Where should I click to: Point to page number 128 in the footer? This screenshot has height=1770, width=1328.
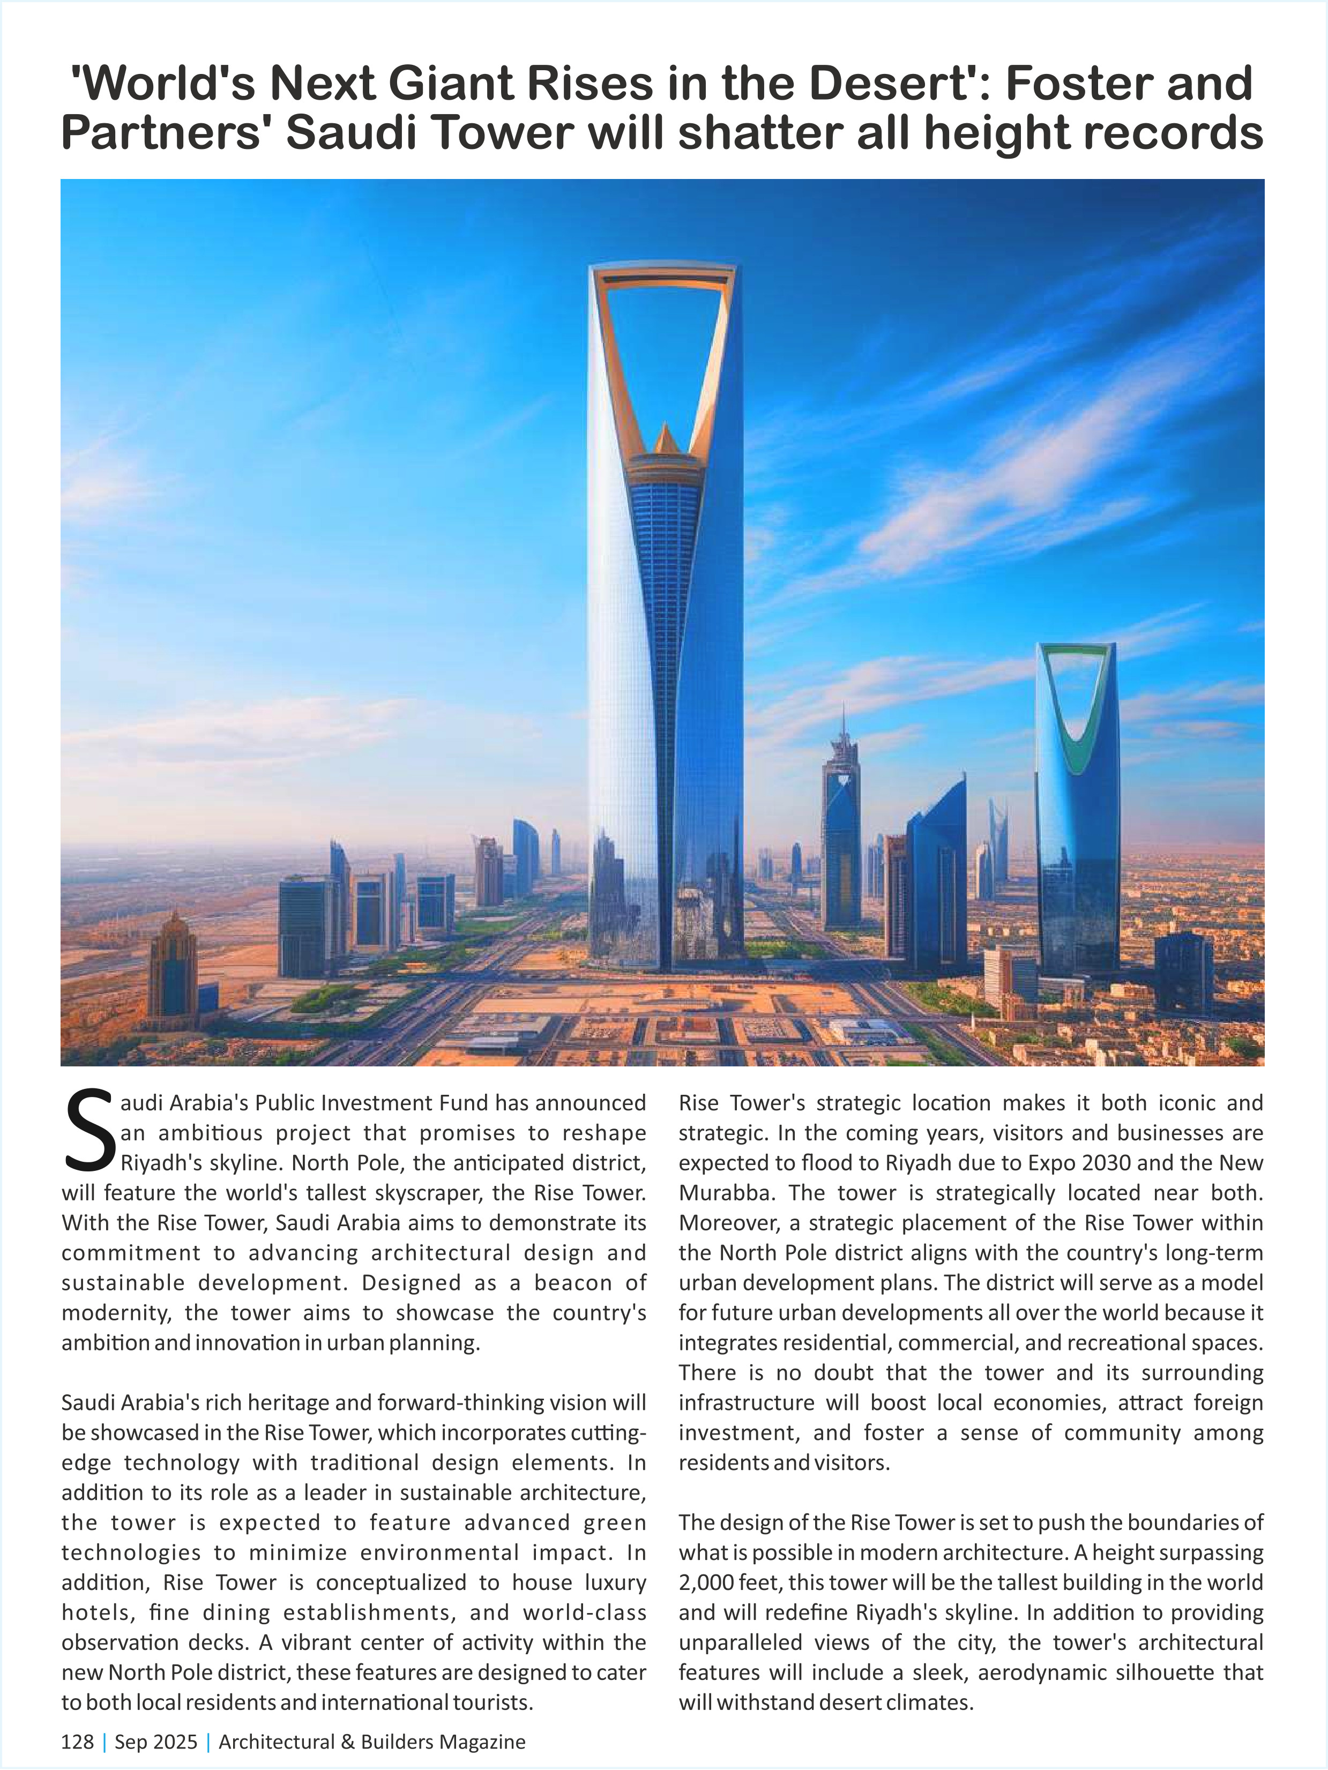pyautogui.click(x=77, y=1742)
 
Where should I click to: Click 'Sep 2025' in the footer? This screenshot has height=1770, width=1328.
pyautogui.click(x=156, y=1742)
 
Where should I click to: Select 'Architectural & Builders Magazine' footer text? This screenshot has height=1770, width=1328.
pyautogui.click(x=372, y=1742)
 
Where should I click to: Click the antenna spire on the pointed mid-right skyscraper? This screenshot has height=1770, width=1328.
pyautogui.click(x=842, y=724)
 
